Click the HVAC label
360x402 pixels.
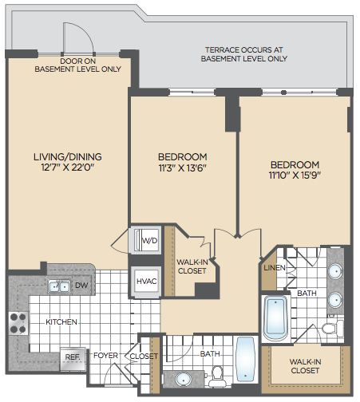coord(146,282)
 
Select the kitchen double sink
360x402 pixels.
coord(59,286)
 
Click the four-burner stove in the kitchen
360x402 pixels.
coord(18,324)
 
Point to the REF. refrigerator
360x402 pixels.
coord(73,357)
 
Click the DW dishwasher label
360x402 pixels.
coord(81,286)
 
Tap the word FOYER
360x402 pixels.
coord(105,356)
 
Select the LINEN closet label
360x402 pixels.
coord(275,268)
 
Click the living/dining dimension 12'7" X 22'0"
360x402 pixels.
coord(68,167)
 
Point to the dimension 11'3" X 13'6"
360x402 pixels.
coord(183,167)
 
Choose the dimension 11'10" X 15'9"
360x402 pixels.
coord(295,175)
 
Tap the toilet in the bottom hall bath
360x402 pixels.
coord(217,376)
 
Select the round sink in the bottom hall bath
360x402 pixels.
coord(184,380)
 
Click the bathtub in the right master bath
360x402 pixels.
coord(276,317)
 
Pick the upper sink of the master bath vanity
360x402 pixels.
coord(335,271)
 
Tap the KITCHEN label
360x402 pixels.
coord(61,322)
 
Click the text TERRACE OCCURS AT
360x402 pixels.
coord(243,50)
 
